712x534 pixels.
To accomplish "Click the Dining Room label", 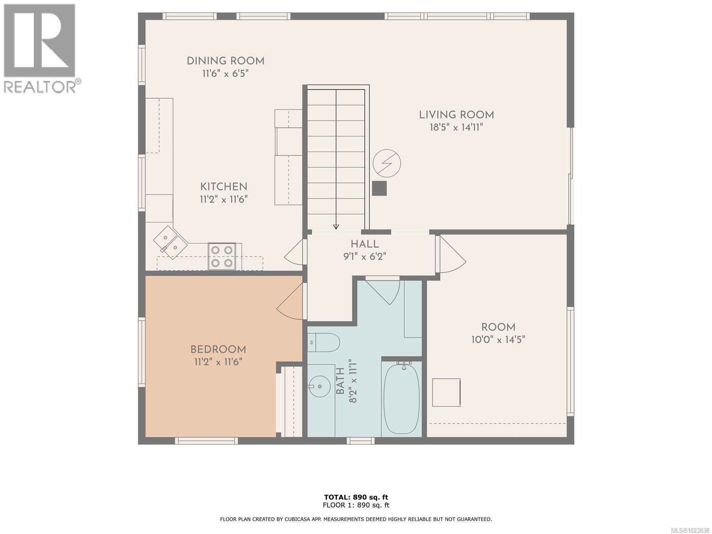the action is click(x=226, y=61).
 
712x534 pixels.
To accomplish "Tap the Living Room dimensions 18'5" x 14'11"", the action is click(x=457, y=127).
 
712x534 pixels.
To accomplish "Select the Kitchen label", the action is click(x=224, y=187).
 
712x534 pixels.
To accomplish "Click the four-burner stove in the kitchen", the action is click(x=222, y=256).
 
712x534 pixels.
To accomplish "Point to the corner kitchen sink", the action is click(x=170, y=243).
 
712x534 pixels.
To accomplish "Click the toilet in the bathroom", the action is click(x=324, y=342).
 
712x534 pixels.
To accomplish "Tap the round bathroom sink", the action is click(x=320, y=386).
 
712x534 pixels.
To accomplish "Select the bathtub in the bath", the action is click(x=401, y=399).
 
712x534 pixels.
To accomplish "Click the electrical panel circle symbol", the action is click(x=387, y=163).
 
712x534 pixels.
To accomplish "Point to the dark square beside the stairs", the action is click(x=379, y=188).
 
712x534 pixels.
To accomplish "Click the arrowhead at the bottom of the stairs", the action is click(x=336, y=227).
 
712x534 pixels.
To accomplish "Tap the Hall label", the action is click(x=364, y=244).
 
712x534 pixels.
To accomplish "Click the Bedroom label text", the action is click(x=218, y=349).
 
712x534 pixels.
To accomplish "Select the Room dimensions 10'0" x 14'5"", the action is click(x=498, y=340).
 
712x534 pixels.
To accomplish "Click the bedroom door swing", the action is click(x=291, y=302).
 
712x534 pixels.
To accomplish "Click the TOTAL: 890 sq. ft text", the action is click(x=356, y=498).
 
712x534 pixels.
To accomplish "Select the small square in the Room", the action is click(x=446, y=392).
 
